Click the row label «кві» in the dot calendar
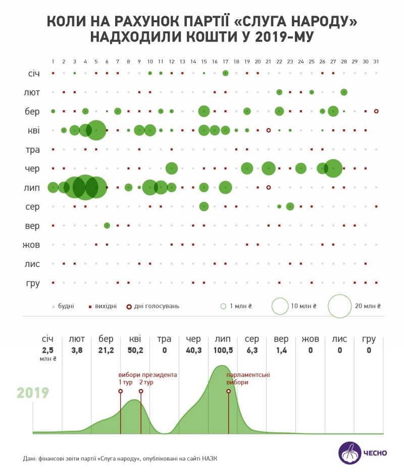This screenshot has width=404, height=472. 34,131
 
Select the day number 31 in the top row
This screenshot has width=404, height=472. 376,62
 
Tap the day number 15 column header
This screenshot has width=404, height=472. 204,62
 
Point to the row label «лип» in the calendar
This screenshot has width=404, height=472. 33,188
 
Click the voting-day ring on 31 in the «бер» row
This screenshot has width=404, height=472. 376,111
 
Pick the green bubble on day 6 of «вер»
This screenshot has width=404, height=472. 107,225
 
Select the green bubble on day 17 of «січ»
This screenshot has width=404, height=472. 225,73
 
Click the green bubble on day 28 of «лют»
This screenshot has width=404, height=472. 344,92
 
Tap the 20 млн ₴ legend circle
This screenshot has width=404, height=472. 339,306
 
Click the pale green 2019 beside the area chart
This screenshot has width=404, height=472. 33,393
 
